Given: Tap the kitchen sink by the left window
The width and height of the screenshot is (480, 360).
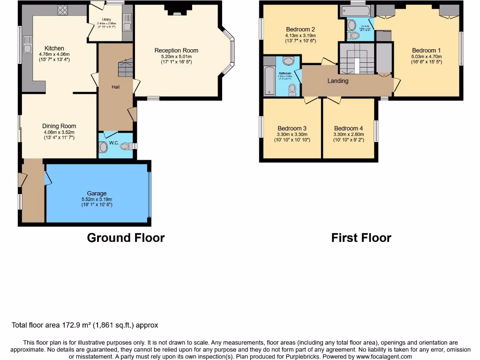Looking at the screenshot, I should click(x=27, y=48).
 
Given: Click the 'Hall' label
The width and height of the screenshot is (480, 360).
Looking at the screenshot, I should click(x=115, y=87).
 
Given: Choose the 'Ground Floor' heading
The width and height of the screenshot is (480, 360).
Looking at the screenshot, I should click(x=126, y=238).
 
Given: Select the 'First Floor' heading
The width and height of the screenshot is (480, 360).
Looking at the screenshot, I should click(x=361, y=238).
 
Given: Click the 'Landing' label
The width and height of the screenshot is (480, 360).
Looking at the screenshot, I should click(x=337, y=81).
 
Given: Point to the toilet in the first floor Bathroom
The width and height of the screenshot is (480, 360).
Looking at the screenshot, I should click(x=293, y=88).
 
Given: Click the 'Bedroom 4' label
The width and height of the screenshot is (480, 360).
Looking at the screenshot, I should click(x=348, y=128).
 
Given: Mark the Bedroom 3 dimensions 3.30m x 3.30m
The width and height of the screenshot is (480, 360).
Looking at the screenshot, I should click(x=292, y=134).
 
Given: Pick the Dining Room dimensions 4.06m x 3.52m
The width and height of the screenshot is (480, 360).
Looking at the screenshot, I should click(x=59, y=132).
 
